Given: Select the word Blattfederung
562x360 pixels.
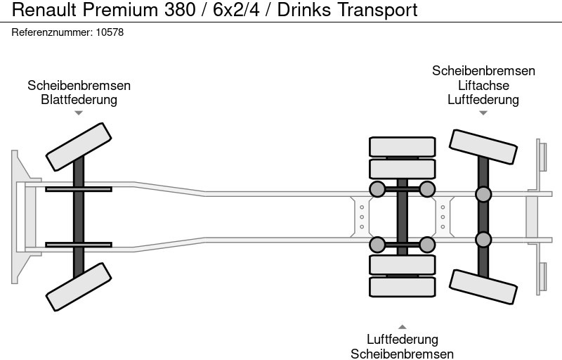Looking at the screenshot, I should coord(79,99).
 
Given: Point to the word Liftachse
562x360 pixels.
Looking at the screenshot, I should coord(483,85).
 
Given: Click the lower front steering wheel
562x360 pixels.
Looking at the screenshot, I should coord(79,287).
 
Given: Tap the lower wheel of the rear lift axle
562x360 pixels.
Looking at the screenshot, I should coord(483,286).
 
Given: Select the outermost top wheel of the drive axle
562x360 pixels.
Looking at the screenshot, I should coord(403,147).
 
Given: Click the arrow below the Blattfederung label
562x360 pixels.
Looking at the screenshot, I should coord(79,112).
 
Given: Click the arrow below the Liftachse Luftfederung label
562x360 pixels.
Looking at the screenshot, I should coord(483,112).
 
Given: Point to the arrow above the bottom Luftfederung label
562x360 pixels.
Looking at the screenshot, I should coord(403,326).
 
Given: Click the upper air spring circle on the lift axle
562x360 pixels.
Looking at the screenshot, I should coord(483,194).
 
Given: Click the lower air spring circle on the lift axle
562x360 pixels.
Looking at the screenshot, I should coord(483,239).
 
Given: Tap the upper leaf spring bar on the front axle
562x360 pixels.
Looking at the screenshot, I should coord(79,188).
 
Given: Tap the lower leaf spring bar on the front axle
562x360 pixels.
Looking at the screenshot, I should coord(79,245).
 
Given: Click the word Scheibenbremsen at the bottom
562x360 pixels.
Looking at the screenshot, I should coord(403,354).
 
